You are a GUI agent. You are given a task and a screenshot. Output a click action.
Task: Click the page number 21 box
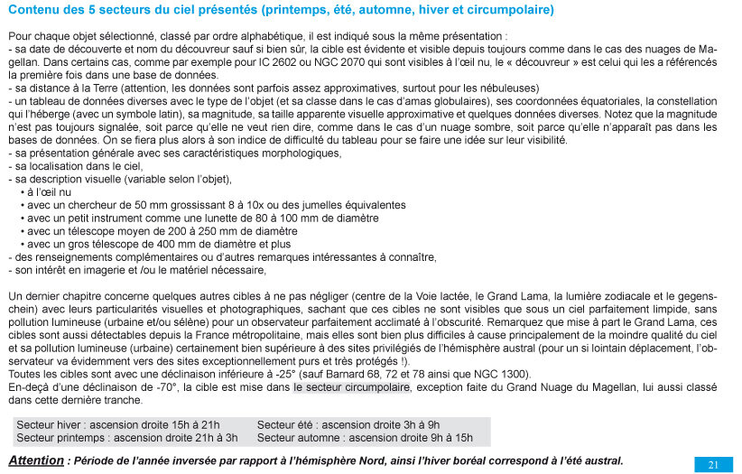pos(713,464)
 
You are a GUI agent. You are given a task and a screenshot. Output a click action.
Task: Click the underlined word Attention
pos(36,460)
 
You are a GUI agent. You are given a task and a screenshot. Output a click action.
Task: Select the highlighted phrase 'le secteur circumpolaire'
pos(351,386)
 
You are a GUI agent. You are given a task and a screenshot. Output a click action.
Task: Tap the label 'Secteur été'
pos(288,424)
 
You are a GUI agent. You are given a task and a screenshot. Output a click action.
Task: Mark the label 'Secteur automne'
pos(299,438)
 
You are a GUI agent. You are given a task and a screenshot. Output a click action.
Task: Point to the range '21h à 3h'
pos(218,438)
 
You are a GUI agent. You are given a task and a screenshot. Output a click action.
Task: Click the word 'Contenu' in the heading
pos(32,11)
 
